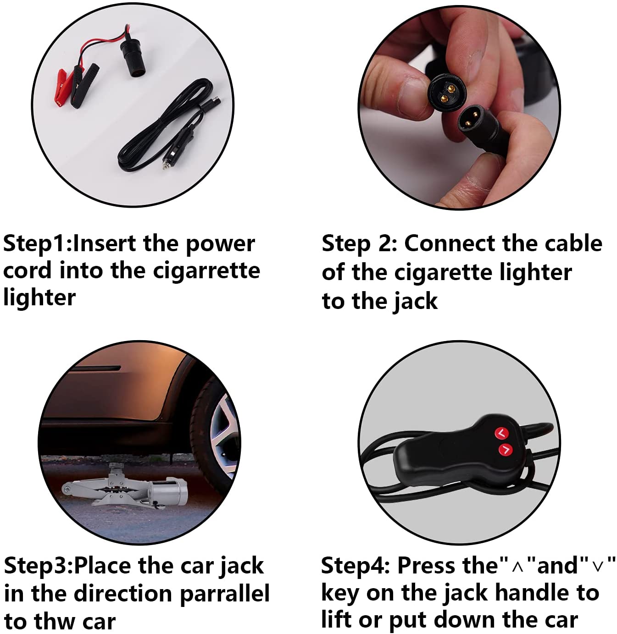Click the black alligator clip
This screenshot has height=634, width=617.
pos(85,85)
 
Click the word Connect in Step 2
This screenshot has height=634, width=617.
pos(450,244)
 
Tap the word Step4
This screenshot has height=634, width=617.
pos(355,568)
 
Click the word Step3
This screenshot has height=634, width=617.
pos(37,568)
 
